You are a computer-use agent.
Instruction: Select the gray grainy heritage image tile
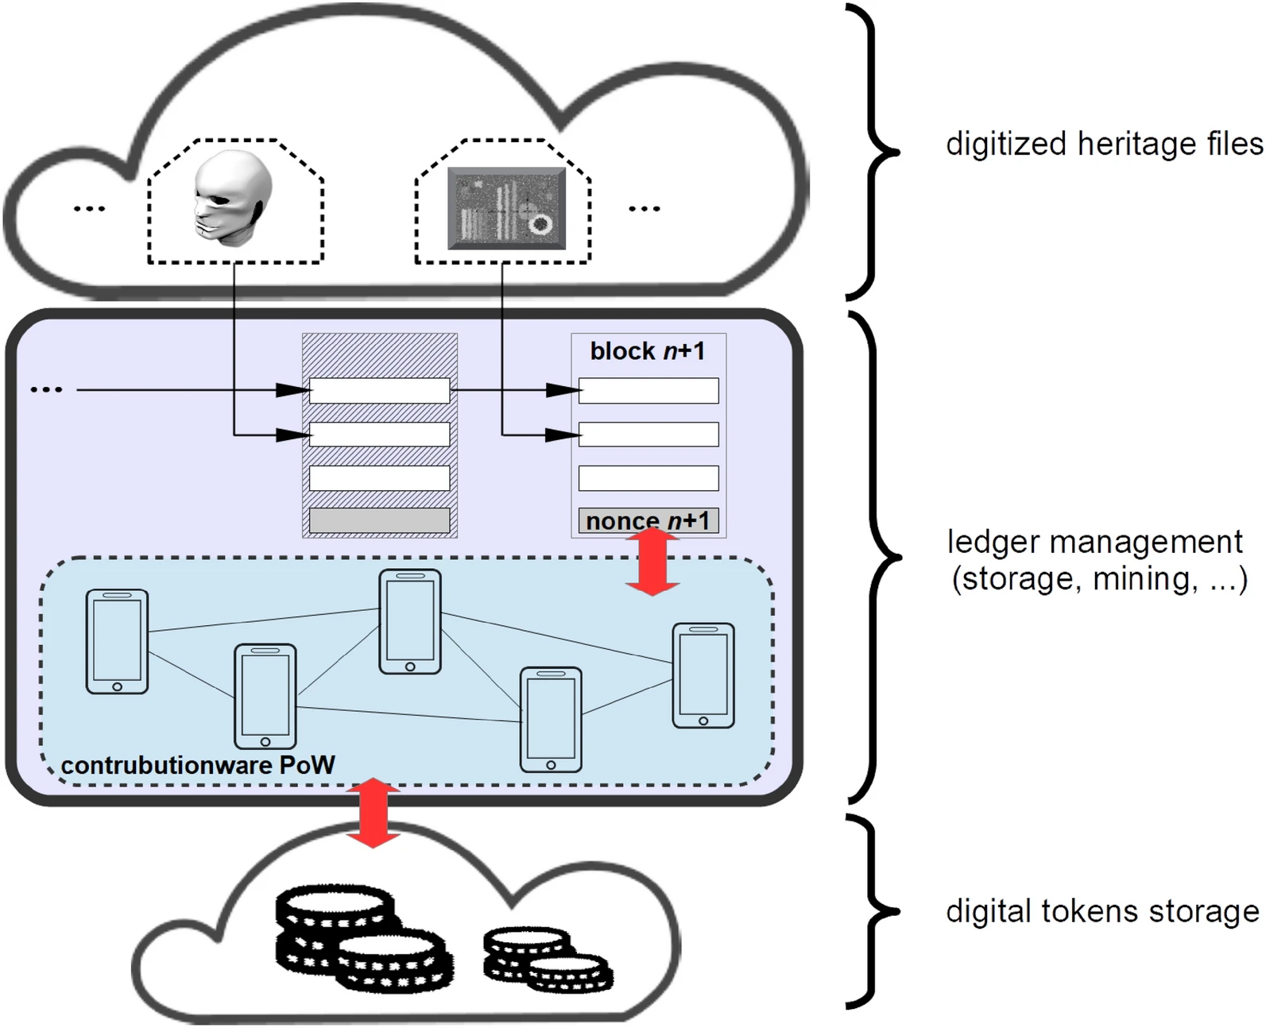point(506,208)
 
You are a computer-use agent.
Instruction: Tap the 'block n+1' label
point(647,351)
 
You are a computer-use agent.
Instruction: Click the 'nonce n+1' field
point(648,521)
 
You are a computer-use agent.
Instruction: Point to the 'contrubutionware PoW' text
point(198,765)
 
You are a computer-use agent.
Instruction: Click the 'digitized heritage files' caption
point(1104,144)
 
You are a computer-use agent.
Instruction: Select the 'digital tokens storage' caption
point(1102,911)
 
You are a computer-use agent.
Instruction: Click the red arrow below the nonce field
point(652,563)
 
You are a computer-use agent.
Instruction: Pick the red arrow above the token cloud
point(373,813)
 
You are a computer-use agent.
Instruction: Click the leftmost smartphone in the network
point(117,641)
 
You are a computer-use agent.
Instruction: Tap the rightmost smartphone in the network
point(703,675)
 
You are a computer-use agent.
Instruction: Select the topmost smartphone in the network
point(409,622)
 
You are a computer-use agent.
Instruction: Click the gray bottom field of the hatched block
point(379,521)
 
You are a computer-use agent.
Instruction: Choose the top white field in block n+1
point(648,391)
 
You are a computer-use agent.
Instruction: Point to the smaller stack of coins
point(547,959)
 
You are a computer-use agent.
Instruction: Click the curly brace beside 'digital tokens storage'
point(874,911)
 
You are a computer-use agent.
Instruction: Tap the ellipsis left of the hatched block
point(46,390)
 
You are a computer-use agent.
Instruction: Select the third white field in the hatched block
point(379,478)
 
